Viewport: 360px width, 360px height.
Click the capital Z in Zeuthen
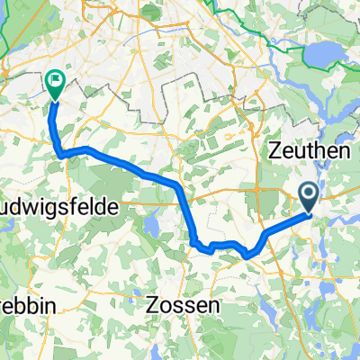(273, 154)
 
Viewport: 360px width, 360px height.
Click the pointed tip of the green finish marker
(56, 100)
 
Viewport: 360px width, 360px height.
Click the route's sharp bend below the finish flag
(62, 155)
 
